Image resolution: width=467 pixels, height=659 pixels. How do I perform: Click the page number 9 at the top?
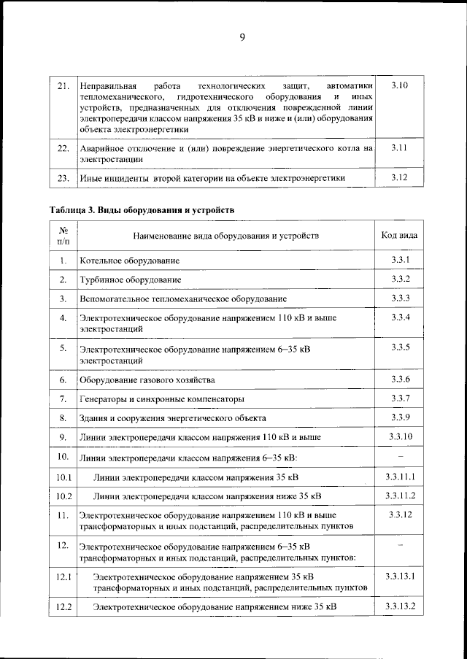pos(242,38)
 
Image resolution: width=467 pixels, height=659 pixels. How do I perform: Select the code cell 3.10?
pos(399,86)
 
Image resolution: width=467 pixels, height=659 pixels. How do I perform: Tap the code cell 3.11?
pos(399,147)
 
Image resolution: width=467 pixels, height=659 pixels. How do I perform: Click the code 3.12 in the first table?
pos(399,177)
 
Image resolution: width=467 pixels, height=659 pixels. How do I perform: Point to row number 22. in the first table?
pos(63,148)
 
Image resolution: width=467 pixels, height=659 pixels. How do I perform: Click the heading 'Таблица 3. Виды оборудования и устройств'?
pos(142,210)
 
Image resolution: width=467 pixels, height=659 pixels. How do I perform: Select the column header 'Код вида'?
pos(399,235)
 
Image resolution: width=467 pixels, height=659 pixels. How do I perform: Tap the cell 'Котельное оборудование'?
pos(130,261)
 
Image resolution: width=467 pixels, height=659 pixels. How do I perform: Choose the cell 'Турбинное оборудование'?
pos(131,280)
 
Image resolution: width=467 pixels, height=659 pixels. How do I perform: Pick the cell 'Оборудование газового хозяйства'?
pos(147,380)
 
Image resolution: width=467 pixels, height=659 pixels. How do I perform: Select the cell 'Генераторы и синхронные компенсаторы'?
pos(162,399)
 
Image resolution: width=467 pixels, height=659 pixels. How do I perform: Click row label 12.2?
pos(63,606)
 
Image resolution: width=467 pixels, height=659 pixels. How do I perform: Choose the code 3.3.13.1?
pos(400,577)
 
